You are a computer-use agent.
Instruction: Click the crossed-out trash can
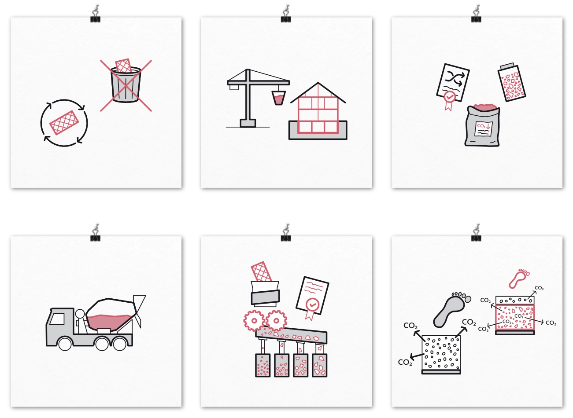pos(126,84)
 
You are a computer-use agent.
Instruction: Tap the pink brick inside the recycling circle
pos(64,123)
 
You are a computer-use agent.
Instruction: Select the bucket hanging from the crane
pos(278,98)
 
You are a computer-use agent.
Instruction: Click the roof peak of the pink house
pos(318,83)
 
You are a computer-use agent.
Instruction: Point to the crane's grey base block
pos(248,123)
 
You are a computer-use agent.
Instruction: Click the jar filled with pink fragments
pos(512,83)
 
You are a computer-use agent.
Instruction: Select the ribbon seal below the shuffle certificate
pos(449,101)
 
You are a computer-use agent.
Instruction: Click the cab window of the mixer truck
pos(57,319)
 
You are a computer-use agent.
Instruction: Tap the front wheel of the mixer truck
pos(65,344)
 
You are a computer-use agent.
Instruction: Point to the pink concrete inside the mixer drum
pos(109,322)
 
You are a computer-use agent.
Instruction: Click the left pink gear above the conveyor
pos(254,321)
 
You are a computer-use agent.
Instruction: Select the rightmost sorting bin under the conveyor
pos(319,365)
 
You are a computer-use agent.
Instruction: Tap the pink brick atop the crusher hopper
pos(261,272)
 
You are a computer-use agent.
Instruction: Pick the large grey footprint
pos(450,310)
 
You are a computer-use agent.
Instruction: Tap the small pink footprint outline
pos(518,278)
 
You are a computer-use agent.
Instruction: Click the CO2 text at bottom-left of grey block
pos(405,362)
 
